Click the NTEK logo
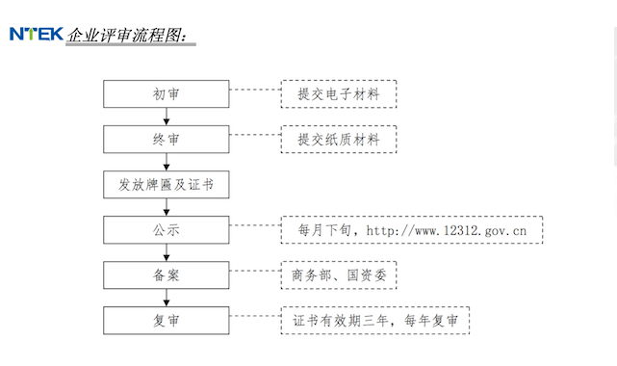pos(36,35)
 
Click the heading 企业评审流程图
pos(131,37)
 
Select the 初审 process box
pos(167,93)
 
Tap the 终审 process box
pos(167,140)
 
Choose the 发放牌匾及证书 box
pos(167,185)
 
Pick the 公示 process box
pos(167,230)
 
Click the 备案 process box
pos(167,275)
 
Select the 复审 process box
pos(167,320)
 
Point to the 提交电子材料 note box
pos(339,93)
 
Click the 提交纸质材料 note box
pos(339,140)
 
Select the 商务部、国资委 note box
pos(339,275)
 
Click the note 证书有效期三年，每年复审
pos(375,321)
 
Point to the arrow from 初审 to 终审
pos(167,117)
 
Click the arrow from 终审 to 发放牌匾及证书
pos(167,162)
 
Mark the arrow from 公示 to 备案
pos(167,252)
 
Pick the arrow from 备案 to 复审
pos(167,298)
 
